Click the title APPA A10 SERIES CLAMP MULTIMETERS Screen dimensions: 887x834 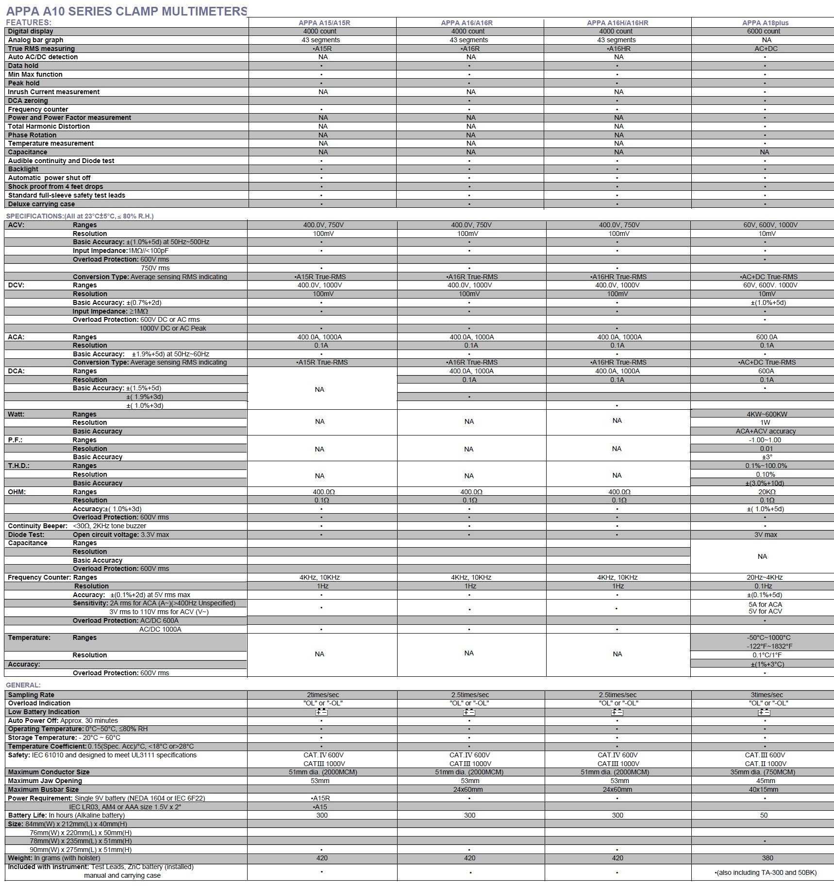[x=126, y=11]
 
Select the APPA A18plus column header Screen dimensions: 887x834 [x=765, y=23]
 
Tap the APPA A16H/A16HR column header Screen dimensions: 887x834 [x=617, y=23]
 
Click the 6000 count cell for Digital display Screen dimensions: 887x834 [x=764, y=31]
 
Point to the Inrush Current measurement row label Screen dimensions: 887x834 [x=53, y=92]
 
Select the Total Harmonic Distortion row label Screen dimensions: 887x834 [x=49, y=126]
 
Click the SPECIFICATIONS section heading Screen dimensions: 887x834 [x=80, y=216]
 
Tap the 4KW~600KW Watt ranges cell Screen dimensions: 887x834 [x=767, y=414]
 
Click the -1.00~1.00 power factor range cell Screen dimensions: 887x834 [x=765, y=440]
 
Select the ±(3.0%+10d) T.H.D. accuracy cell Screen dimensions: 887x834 [x=765, y=483]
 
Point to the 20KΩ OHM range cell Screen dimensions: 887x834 [x=767, y=492]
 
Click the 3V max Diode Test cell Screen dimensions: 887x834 [x=766, y=535]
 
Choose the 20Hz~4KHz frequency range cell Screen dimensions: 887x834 [x=765, y=577]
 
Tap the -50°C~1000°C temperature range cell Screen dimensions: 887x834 [x=768, y=637]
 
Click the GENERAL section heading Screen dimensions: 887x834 [x=23, y=685]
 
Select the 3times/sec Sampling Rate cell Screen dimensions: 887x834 [x=767, y=695]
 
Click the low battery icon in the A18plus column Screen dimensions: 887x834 [x=764, y=712]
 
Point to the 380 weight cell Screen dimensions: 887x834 [x=767, y=858]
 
